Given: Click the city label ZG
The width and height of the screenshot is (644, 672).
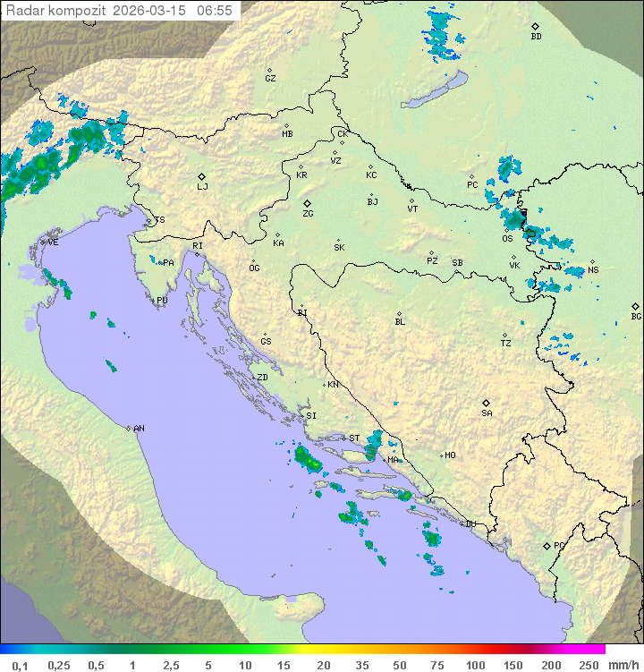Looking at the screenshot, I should [308, 214].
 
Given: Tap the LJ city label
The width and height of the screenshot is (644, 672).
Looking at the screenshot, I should [202, 186].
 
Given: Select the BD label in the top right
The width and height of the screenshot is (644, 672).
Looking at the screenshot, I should [536, 37].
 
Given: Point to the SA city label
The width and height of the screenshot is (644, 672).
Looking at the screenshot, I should [487, 413].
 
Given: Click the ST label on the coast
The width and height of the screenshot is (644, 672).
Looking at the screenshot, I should [354, 438].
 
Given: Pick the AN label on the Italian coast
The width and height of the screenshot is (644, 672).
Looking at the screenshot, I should [139, 429].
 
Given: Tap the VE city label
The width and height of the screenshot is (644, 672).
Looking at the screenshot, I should [53, 242].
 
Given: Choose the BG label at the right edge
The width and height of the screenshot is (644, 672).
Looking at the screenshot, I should [636, 316].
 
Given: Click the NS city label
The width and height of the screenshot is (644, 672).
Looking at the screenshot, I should [593, 270].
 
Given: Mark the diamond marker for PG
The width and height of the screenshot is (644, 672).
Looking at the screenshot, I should [547, 545].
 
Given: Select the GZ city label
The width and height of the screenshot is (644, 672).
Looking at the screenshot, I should [270, 78].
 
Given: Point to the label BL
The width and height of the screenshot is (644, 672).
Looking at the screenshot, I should [400, 321].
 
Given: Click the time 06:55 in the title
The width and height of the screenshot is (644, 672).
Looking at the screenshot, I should [215, 11].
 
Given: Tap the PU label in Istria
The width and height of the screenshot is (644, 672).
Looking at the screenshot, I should [162, 301].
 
